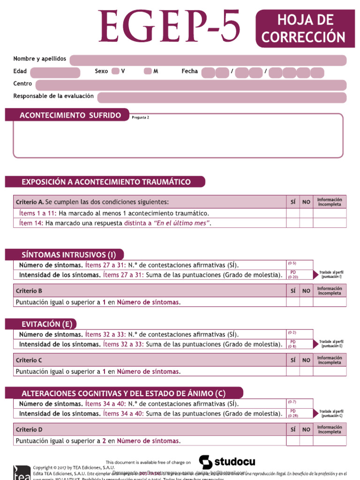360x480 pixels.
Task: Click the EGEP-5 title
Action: (170, 27)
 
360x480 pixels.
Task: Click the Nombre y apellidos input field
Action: (208, 60)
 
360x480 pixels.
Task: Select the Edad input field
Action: (55, 72)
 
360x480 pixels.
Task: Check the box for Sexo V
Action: (115, 71)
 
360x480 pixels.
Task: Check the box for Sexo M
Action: (148, 71)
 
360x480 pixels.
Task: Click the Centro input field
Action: (191, 85)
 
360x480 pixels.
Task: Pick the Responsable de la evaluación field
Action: (221, 97)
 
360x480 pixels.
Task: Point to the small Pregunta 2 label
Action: (140, 118)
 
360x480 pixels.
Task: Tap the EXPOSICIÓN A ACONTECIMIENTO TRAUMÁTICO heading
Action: (105, 182)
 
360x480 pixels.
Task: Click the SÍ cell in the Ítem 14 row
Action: (292, 223)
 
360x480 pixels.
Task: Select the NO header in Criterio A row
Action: (306, 202)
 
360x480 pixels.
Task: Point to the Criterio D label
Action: (29, 429)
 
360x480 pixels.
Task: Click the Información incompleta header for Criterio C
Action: (330, 360)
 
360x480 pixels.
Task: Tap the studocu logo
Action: (227, 462)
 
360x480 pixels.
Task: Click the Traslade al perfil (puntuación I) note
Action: (331, 274)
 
